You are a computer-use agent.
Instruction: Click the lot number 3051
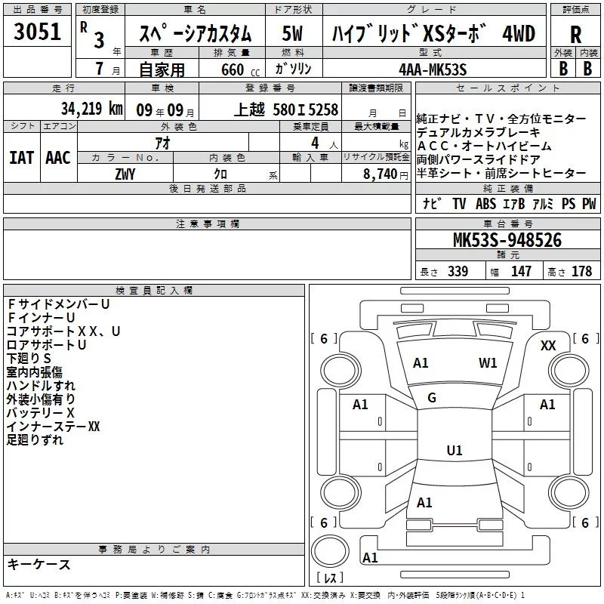tap(38, 32)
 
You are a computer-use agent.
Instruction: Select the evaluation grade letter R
tap(576, 35)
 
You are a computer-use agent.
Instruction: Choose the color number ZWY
tap(125, 174)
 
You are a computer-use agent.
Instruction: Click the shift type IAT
tap(21, 157)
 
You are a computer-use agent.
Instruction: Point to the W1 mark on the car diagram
tap(488, 362)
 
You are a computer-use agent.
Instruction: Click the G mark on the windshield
tap(432, 397)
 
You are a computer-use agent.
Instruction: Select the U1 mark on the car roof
tap(454, 451)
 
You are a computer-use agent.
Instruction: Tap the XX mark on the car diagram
tap(548, 345)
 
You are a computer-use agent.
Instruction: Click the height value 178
tap(581, 271)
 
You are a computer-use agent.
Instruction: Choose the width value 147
tap(521, 271)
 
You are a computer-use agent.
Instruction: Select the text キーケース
tap(39, 564)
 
